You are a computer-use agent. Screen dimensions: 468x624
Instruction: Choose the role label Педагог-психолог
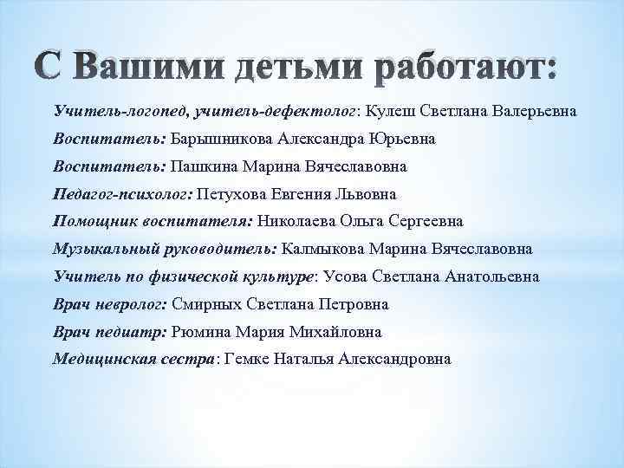pyautogui.click(x=123, y=195)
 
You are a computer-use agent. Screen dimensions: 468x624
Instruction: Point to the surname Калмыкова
pyautogui.click(x=323, y=250)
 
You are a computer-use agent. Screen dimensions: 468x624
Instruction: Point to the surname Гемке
pyautogui.click(x=248, y=360)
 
